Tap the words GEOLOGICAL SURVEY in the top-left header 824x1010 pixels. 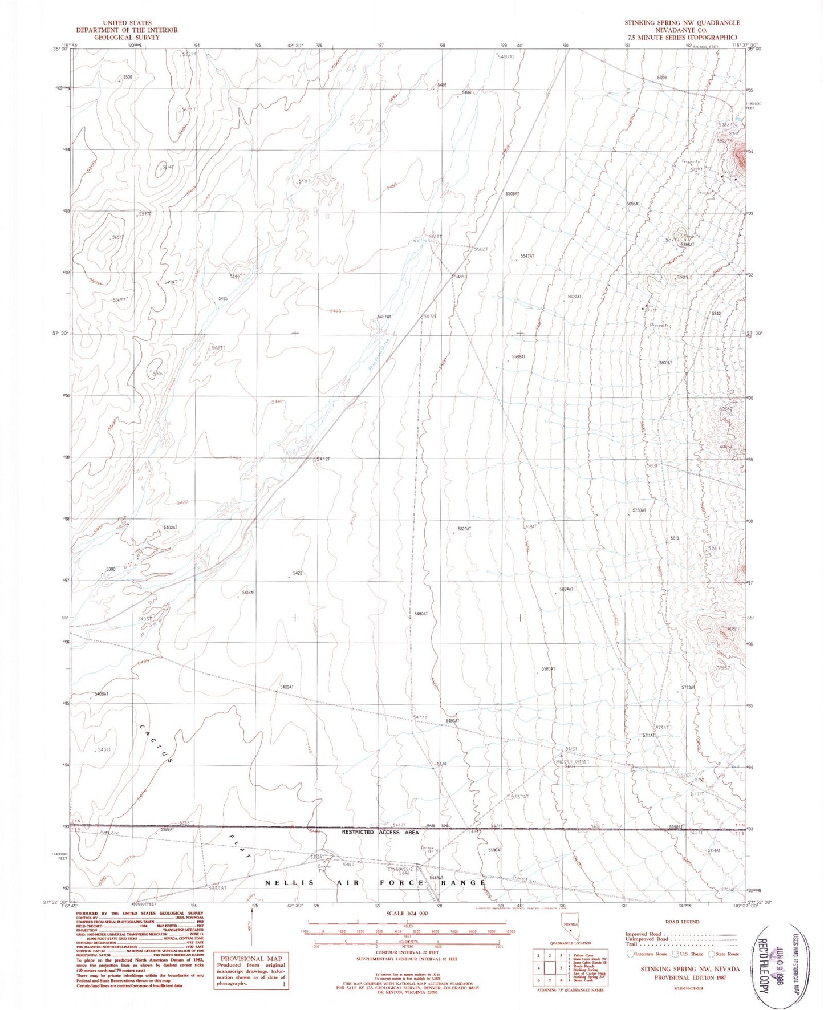127,37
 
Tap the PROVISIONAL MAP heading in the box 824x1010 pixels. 251,959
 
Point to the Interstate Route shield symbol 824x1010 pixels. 630,954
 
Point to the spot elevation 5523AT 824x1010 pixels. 464,529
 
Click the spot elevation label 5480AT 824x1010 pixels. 421,614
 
